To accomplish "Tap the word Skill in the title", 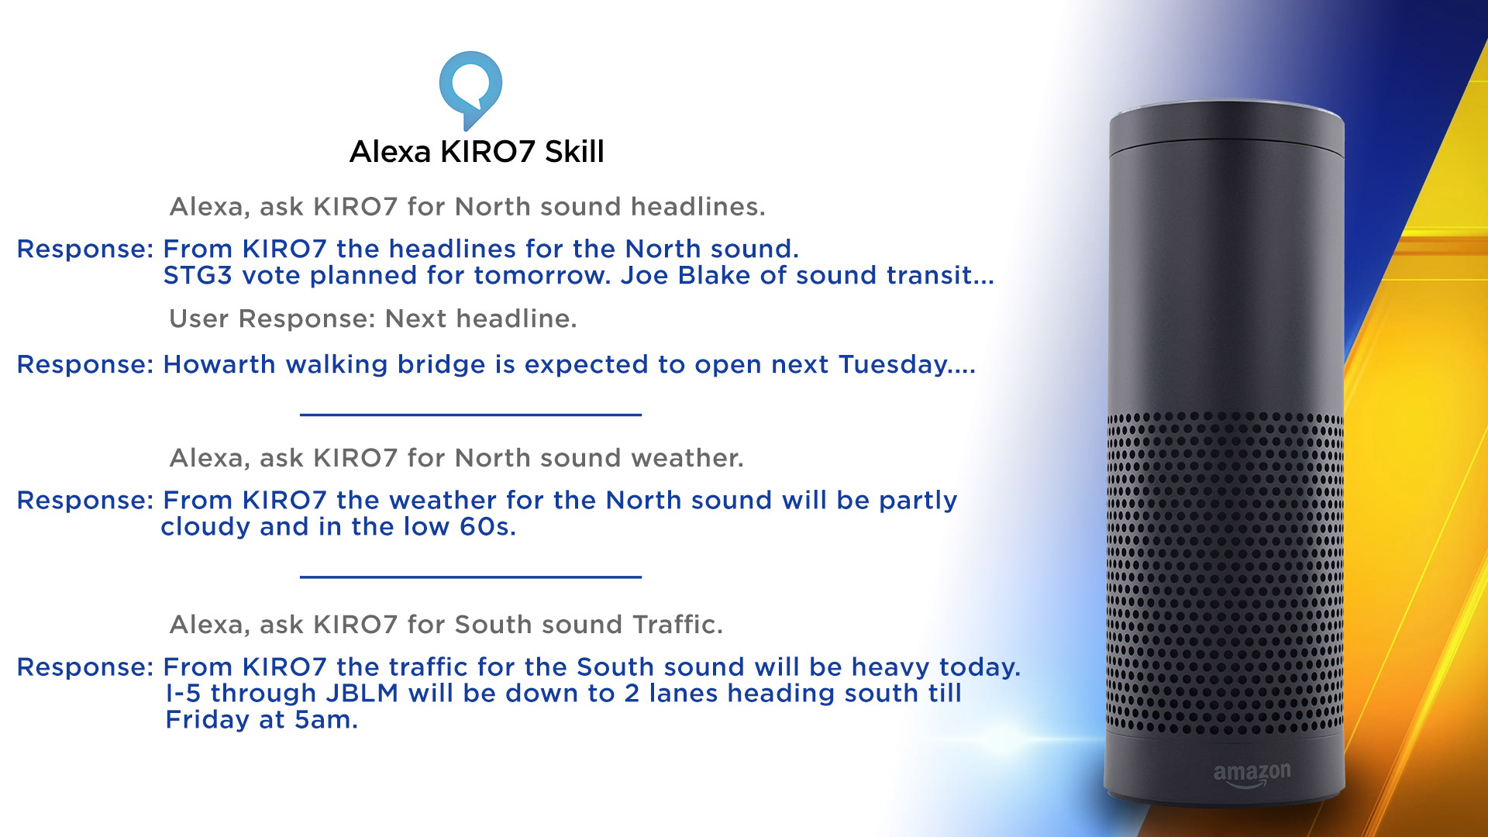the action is pos(574,151).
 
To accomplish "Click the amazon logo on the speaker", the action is pos(1252,774).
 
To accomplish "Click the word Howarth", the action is pos(219,364).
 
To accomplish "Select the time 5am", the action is pos(326,720).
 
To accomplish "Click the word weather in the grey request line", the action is pos(687,458).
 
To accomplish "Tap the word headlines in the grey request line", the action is pos(697,207).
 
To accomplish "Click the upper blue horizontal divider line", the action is pos(470,415).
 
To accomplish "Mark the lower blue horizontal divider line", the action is pos(470,577).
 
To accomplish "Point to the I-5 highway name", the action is pos(184,693).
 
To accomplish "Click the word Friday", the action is pos(208,720).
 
